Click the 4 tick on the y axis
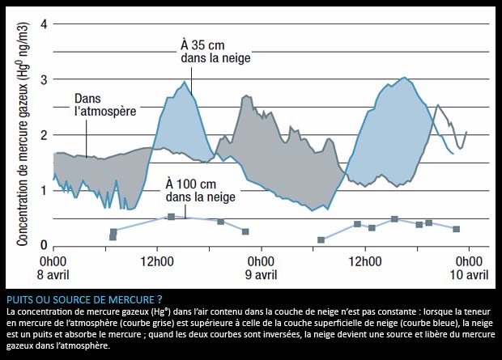[45, 23]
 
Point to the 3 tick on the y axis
[45, 79]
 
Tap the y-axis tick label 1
[45, 191]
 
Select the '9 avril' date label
[260, 274]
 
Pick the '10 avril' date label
[469, 274]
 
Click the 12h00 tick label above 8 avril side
[156, 262]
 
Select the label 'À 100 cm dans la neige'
[200, 189]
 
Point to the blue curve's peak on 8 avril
[185, 82]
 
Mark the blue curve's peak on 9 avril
[404, 78]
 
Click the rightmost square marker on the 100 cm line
[457, 229]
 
